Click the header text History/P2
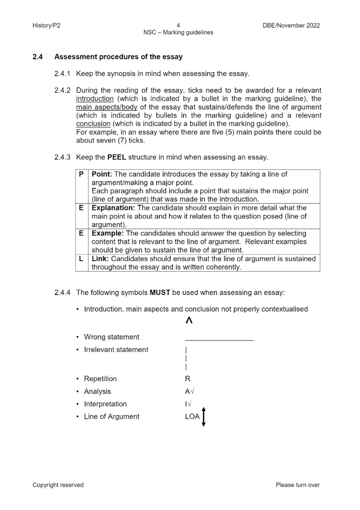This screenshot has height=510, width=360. (46, 26)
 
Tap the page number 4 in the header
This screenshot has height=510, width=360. (178, 26)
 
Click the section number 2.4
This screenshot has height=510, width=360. (38, 57)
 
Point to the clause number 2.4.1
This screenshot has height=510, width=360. (62, 73)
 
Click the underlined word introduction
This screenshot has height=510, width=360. (95, 99)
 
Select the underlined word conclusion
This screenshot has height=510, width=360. (93, 124)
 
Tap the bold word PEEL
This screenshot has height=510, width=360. (117, 157)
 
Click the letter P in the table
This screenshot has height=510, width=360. (81, 175)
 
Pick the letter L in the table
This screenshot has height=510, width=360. (81, 259)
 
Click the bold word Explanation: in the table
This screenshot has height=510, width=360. (111, 208)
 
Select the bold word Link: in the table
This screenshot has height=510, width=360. (100, 259)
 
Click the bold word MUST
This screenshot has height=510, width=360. (159, 292)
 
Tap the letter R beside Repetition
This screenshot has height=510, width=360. (187, 379)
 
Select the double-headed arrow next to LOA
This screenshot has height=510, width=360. (204, 417)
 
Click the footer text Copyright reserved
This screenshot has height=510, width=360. (58, 485)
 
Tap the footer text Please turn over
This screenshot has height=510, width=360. (298, 485)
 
